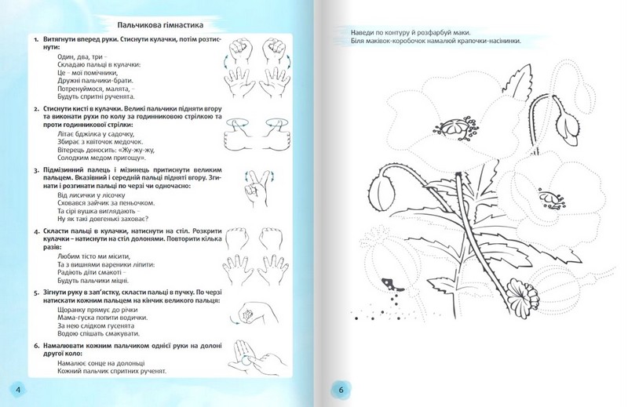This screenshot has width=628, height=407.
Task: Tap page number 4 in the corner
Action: pyautogui.click(x=17, y=389)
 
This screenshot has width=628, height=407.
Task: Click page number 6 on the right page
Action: pyautogui.click(x=341, y=389)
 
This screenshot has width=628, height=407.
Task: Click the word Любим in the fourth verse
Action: pyautogui.click(x=71, y=256)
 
